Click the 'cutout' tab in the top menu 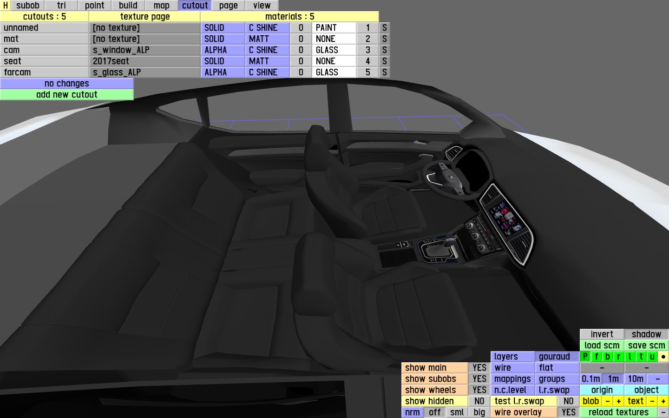(x=195, y=6)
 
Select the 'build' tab (x=128, y=6)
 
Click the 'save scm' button (x=646, y=346)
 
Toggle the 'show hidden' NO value (x=479, y=401)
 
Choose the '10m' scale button (x=635, y=379)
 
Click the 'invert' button (x=602, y=334)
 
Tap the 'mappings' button (x=512, y=379)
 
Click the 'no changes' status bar (x=66, y=84)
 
